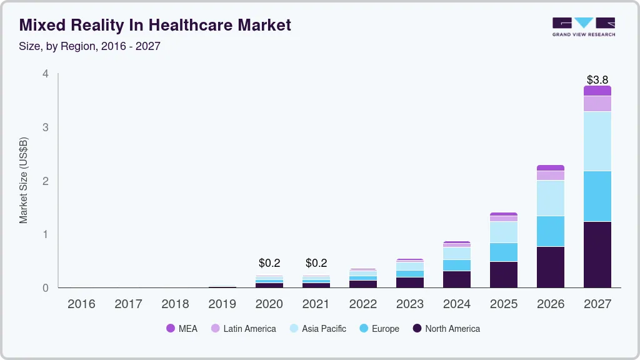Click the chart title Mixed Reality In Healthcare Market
(156, 25)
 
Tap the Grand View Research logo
(583, 27)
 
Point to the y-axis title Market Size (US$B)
(24, 181)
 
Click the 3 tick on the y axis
(45, 127)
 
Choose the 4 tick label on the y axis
(45, 74)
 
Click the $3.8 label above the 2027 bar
(597, 80)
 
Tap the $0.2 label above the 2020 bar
(269, 263)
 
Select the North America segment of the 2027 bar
(597, 254)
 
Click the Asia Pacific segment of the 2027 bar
(597, 141)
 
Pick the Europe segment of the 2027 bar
(597, 196)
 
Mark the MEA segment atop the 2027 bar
(597, 91)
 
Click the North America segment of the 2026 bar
(550, 267)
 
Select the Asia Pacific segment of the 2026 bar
(550, 198)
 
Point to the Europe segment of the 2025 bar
(503, 252)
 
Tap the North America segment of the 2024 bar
(456, 279)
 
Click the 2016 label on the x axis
(81, 304)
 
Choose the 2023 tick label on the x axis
(409, 304)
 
